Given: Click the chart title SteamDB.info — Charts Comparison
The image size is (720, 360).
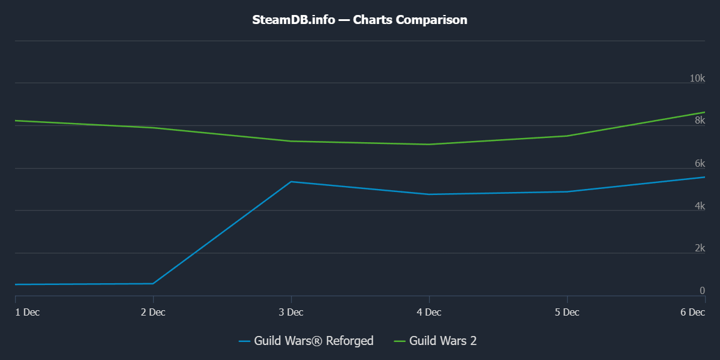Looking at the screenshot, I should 359,20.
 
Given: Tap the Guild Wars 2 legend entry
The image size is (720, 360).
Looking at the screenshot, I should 436,341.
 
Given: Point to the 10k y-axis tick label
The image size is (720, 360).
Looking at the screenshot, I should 697,78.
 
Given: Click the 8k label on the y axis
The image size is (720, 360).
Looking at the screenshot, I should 700,121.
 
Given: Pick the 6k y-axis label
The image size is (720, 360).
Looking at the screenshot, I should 700,163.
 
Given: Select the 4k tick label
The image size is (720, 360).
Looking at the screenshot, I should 700,206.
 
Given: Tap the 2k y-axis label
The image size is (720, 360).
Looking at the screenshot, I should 700,248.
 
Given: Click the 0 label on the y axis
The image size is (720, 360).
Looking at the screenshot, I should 702,291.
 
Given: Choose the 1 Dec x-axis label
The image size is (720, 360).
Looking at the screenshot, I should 27,312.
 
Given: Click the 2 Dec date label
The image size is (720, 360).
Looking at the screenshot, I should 153,312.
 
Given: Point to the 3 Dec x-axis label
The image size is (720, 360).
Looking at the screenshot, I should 291,312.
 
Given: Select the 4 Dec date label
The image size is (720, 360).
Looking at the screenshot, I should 429,312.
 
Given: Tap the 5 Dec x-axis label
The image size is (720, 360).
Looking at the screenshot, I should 567,312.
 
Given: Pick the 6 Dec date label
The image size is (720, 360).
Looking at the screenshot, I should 692,312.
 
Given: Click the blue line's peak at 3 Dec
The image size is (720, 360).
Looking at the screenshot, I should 291,182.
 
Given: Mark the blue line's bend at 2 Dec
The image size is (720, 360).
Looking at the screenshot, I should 153,283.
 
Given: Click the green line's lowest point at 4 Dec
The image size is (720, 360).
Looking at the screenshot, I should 429,144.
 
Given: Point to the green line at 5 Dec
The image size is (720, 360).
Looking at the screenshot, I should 567,136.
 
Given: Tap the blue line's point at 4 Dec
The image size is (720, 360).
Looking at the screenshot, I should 429,194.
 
